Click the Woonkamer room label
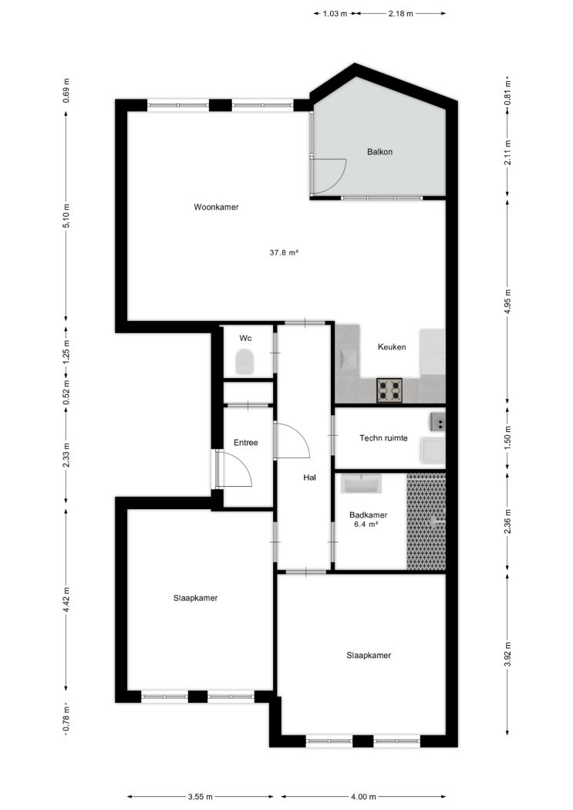[x=216, y=208]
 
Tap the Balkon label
[x=379, y=152]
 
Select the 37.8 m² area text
[x=284, y=252]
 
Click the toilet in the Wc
[x=245, y=361]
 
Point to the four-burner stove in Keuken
[x=389, y=390]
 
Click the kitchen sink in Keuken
[x=349, y=358]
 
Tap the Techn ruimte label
[x=383, y=438]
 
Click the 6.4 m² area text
[x=366, y=524]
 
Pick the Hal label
[x=310, y=478]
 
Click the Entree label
[x=246, y=443]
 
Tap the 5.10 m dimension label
[x=66, y=216]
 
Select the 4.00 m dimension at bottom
[x=363, y=797]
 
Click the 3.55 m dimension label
[x=201, y=797]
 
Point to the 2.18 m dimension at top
[x=400, y=14]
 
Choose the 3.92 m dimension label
[x=507, y=654]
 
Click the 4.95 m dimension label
[x=507, y=302]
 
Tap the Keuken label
[x=392, y=347]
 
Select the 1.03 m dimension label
[x=335, y=14]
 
